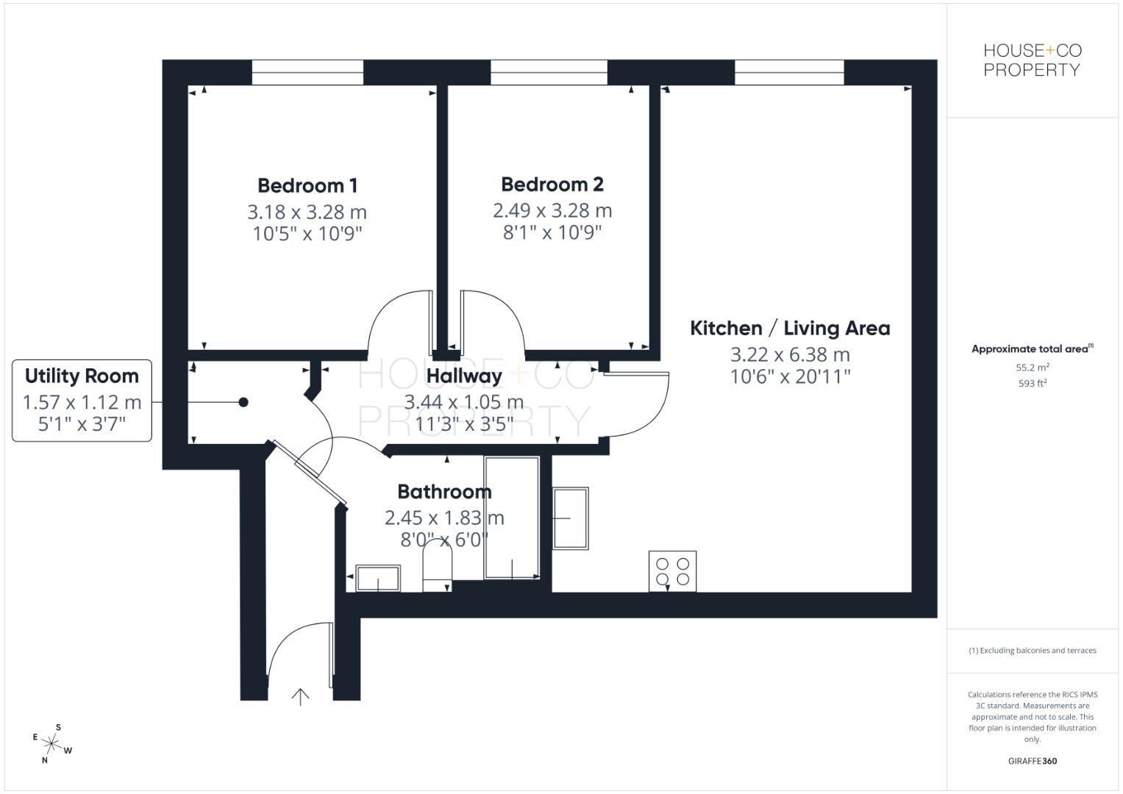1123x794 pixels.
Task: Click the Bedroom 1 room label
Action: [x=307, y=185]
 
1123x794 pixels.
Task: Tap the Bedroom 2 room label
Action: [x=552, y=184]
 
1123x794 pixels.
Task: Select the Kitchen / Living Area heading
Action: [x=789, y=328]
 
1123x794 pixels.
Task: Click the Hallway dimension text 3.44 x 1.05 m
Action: [x=463, y=402]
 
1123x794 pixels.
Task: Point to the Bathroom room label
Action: [x=444, y=491]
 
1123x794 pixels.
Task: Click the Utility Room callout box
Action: [x=82, y=400]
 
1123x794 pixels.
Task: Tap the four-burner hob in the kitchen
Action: [x=672, y=571]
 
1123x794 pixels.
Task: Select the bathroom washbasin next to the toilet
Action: [x=378, y=578]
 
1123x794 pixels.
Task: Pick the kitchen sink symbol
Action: [x=571, y=518]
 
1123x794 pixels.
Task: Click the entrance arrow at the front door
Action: [x=300, y=696]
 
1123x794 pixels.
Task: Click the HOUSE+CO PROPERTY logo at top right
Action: [x=1032, y=60]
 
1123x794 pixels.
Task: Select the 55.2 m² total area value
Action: [x=1032, y=367]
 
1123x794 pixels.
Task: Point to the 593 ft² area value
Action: [x=1032, y=383]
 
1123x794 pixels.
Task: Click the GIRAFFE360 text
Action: [x=1032, y=761]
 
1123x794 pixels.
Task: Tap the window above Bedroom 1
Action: [x=307, y=72]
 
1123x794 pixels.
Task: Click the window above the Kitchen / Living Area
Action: [x=788, y=72]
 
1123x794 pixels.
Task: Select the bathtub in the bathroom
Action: [x=511, y=518]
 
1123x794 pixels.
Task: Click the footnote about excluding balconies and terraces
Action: [x=1032, y=651]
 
